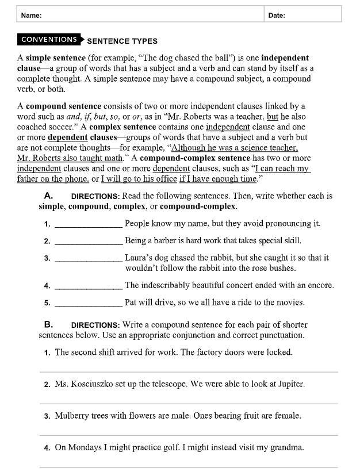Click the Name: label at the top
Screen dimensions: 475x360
pyautogui.click(x=31, y=16)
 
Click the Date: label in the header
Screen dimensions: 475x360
pyautogui.click(x=277, y=16)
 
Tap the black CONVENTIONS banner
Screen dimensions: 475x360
pyautogui.click(x=49, y=40)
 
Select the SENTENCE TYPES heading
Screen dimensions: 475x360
pyautogui.click(x=122, y=41)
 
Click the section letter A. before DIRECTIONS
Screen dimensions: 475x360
pyautogui.click(x=49, y=196)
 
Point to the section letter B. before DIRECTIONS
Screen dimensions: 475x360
pyautogui.click(x=49, y=325)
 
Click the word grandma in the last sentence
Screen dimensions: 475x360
pyautogui.click(x=288, y=447)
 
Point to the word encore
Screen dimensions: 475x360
pyautogui.click(x=319, y=285)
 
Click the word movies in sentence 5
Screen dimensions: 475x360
pyautogui.click(x=289, y=302)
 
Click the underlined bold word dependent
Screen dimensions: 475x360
pyautogui.click(x=67, y=137)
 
